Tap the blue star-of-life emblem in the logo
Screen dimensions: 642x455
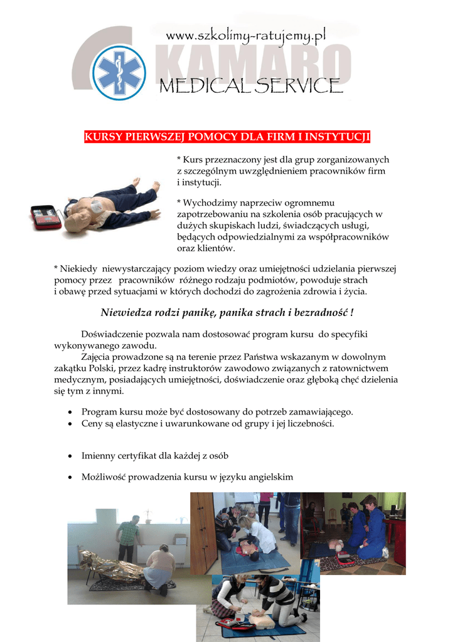tap(119, 72)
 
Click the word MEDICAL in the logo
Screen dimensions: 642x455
tap(206, 85)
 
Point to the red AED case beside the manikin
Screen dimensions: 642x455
tap(46, 217)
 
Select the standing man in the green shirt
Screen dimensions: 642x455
tap(129, 536)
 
